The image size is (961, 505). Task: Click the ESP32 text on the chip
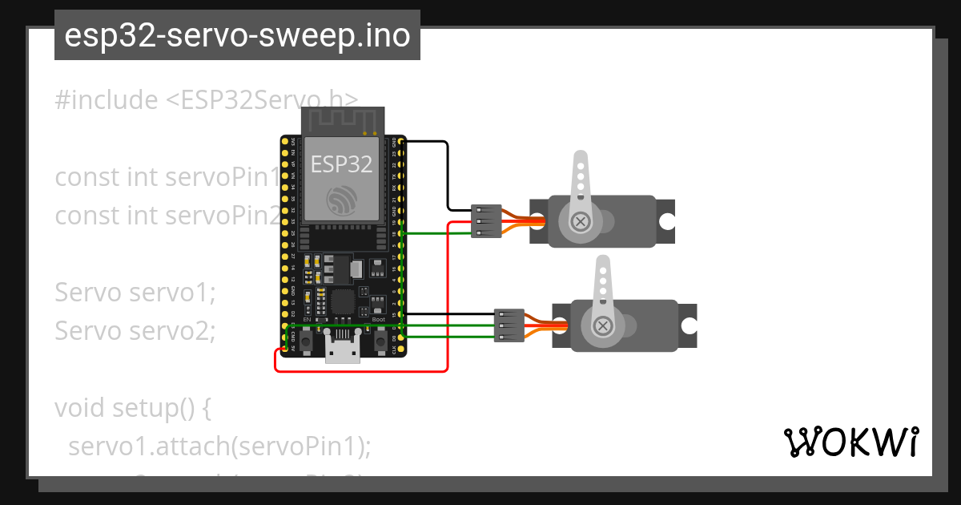coord(342,164)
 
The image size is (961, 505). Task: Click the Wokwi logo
coord(851,442)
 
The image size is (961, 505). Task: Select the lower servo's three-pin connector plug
coord(509,325)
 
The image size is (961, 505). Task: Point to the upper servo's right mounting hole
coord(666,221)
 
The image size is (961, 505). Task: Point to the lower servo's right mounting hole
coord(689,325)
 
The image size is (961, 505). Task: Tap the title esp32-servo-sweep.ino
coord(237,36)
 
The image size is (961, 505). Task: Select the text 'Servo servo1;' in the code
coord(135,293)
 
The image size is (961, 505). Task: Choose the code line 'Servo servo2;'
coord(135,329)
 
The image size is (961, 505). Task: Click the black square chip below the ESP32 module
coord(343,301)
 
